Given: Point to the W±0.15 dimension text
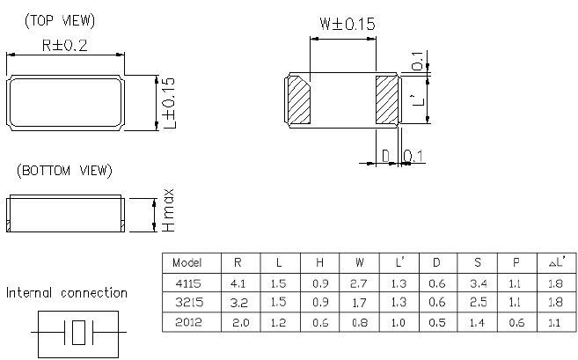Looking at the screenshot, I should coord(343,25).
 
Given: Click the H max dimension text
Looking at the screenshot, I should coord(169,212).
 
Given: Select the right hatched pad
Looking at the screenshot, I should coord(388,100).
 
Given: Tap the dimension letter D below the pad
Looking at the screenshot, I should coord(385,156).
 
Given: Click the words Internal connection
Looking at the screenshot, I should coord(67,293).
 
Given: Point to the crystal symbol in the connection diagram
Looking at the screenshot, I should coord(80,333).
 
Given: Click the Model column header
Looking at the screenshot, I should coord(187,263).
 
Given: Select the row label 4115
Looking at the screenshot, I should coord(187,283).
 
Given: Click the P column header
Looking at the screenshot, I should coord(515,263).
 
